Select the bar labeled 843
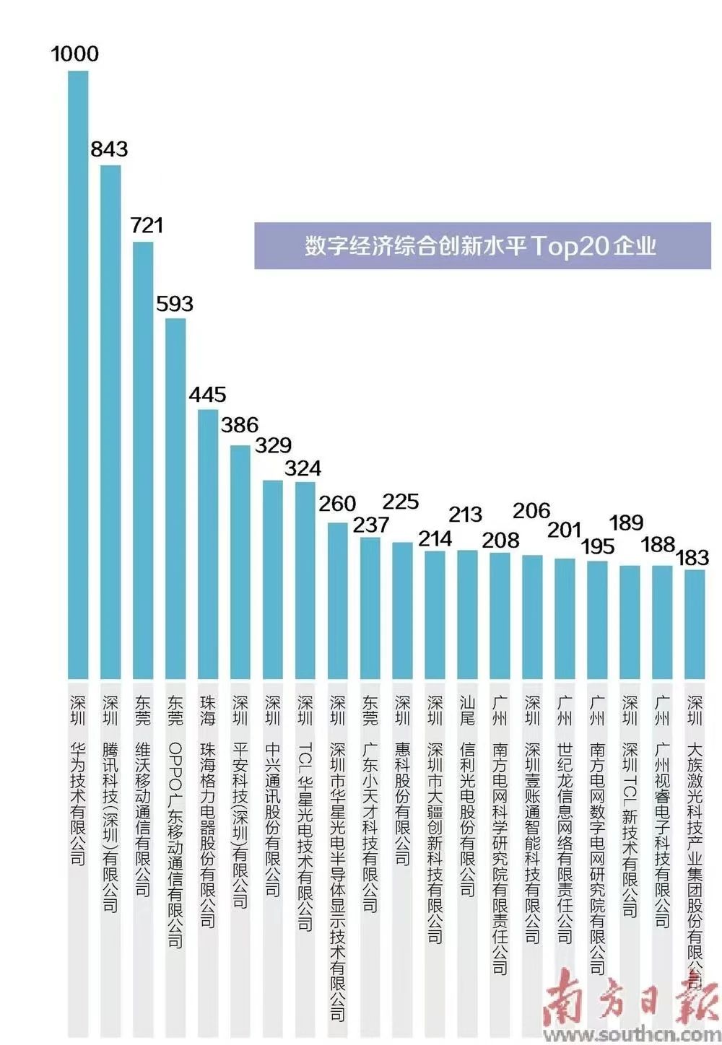(x=110, y=421)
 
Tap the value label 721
(x=147, y=225)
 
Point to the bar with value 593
(x=175, y=498)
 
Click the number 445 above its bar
(x=208, y=395)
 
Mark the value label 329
(x=274, y=445)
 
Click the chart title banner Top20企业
(x=482, y=246)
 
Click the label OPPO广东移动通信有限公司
(x=175, y=844)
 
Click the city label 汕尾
(x=468, y=710)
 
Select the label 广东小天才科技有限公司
(x=370, y=826)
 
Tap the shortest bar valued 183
(x=695, y=624)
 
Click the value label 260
(x=338, y=504)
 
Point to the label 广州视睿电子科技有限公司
(x=662, y=834)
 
